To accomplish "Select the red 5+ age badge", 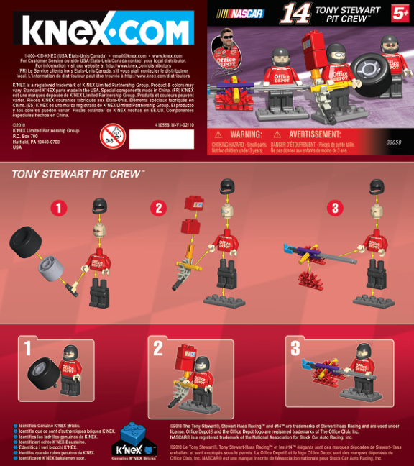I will point(400,12).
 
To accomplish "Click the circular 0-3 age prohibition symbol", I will point(111,134).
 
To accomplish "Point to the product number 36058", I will point(393,142).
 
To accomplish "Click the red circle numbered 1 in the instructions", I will point(58,209).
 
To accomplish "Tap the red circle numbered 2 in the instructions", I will point(160,209).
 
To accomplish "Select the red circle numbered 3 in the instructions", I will point(334,209).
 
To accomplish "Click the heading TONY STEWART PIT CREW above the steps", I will point(77,175).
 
